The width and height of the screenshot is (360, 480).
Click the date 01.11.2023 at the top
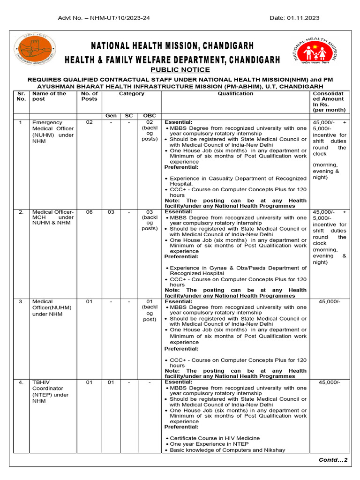pos(294,18)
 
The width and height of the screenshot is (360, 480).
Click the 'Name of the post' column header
pos(49,96)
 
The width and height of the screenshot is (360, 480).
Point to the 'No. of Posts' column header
pos(89,96)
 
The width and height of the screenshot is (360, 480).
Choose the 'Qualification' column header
pos(235,93)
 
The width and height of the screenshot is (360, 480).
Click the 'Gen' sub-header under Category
pos(111,116)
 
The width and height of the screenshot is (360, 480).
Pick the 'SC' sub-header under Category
pos(129,116)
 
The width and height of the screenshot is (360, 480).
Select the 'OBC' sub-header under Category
pos(150,116)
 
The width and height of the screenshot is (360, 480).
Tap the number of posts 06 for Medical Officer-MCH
pos(89,212)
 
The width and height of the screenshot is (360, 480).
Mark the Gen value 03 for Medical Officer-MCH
pos(111,212)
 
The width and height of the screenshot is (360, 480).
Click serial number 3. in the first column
pos(21,301)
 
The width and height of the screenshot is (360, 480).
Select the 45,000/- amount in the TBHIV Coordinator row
pos(329,382)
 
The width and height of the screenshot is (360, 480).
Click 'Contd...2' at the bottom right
pos(333,460)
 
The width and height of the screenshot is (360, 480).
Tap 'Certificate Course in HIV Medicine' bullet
pos(215,438)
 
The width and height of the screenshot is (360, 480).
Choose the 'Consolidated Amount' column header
pos(328,102)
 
